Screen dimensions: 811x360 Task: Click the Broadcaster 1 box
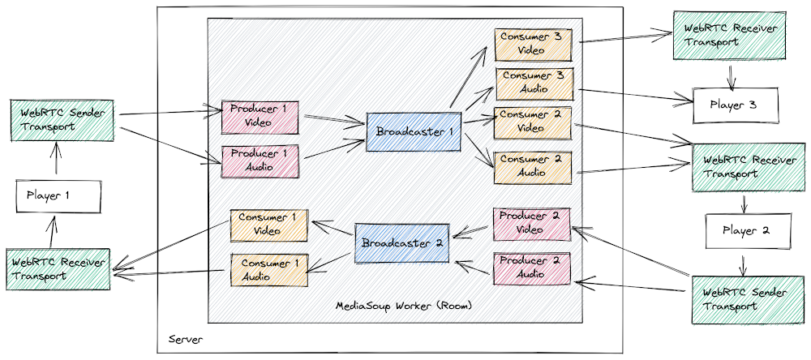point(413,131)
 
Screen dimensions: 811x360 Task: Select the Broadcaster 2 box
point(401,243)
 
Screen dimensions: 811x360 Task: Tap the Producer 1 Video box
point(260,118)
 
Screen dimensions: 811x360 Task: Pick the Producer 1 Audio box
point(260,162)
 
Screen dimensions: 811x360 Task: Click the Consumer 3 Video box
point(534,45)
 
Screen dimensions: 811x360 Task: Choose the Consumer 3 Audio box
point(534,84)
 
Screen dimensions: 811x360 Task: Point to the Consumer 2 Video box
point(533,122)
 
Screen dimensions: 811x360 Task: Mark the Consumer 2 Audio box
point(533,167)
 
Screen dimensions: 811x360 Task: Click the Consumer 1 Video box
point(269,225)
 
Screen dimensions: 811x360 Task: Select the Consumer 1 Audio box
point(269,270)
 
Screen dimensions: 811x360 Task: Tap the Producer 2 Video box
point(532,224)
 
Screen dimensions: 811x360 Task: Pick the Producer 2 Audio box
point(532,268)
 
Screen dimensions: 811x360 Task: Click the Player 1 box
point(58,196)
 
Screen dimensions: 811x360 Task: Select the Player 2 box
point(749,231)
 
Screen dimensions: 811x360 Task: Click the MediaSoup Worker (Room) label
point(404,306)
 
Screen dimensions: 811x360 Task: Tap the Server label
point(186,340)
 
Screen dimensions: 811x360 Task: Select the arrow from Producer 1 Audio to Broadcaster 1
point(333,149)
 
